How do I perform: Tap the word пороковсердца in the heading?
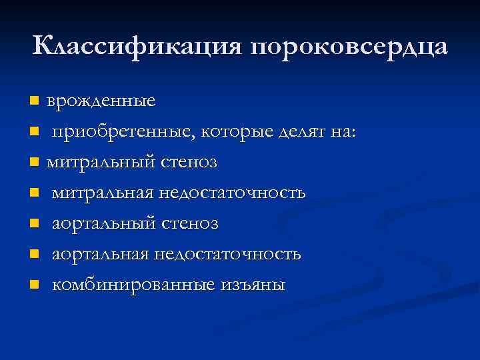pos(350,48)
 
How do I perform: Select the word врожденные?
pos(101,101)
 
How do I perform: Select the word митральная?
pos(103,193)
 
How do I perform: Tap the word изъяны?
pos(249,285)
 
